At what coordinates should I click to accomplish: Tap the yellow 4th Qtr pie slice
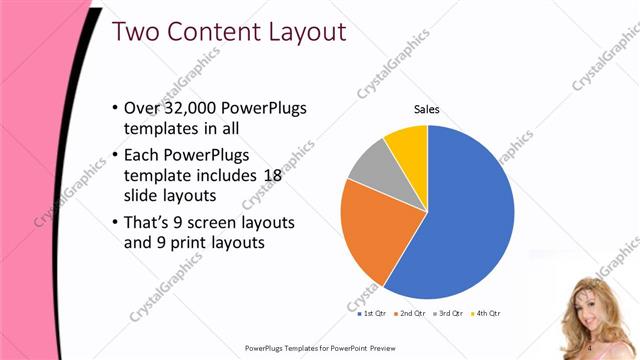point(409,145)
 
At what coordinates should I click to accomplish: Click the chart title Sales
point(427,109)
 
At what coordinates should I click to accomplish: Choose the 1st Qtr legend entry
point(374,313)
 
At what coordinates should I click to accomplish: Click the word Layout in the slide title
point(296,32)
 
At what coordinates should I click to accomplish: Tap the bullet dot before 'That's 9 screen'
point(114,221)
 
